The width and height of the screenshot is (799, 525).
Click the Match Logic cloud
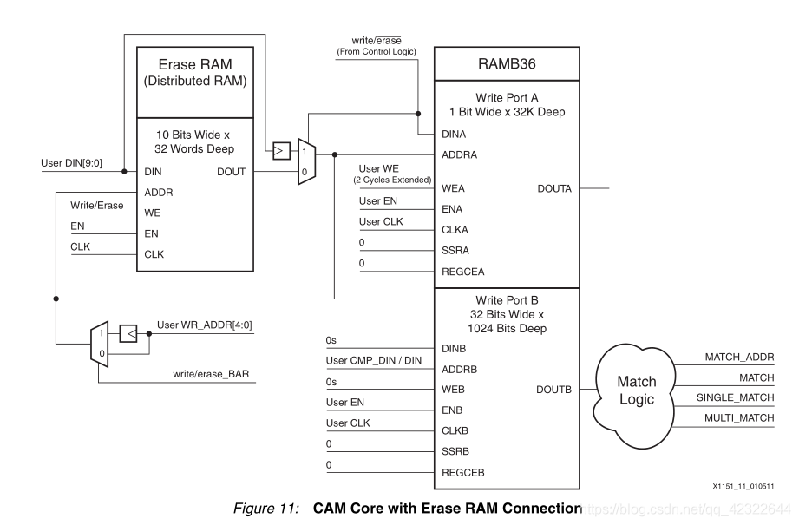click(636, 391)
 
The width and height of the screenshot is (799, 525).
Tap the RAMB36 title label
click(508, 64)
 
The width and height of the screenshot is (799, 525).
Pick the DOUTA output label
click(554, 188)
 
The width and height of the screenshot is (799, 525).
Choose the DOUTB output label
click(554, 390)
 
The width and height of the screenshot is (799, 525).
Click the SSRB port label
click(456, 450)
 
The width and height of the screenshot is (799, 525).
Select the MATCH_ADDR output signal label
click(738, 356)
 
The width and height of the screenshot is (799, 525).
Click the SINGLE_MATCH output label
click(735, 397)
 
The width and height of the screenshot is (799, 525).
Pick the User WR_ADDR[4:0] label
click(205, 325)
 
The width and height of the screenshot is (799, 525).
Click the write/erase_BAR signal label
click(212, 375)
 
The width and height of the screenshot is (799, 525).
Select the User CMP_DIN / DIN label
click(373, 360)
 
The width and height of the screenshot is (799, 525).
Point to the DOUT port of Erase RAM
click(231, 172)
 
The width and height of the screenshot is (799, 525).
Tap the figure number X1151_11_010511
click(743, 487)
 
